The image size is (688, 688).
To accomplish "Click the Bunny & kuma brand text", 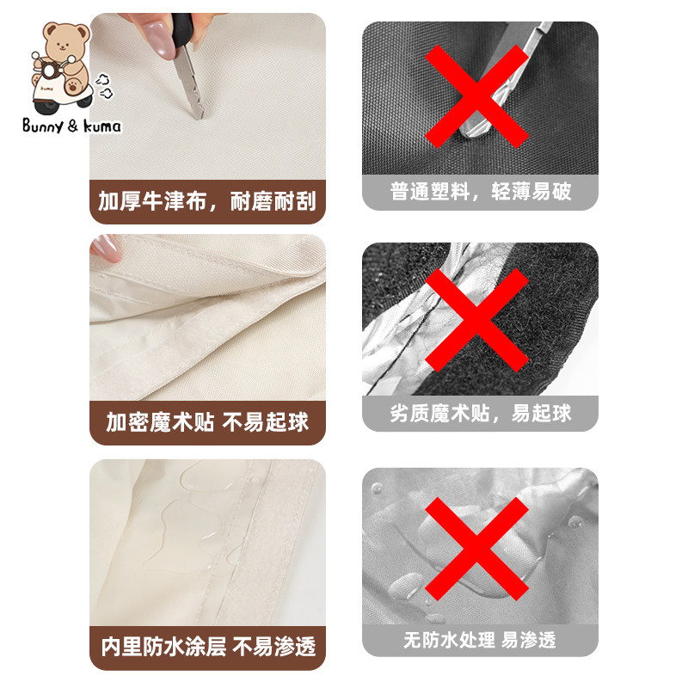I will pyautogui.click(x=73, y=126).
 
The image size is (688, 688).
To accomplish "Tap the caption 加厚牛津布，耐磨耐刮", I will pyautogui.click(x=207, y=202).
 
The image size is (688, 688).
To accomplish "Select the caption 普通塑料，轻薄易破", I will pyautogui.click(x=480, y=191).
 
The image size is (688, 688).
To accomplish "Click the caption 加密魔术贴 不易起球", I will pyautogui.click(x=207, y=422).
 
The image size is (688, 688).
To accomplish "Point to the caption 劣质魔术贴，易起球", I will pyautogui.click(x=480, y=413).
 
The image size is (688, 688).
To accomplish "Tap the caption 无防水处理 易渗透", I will pyautogui.click(x=480, y=640).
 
